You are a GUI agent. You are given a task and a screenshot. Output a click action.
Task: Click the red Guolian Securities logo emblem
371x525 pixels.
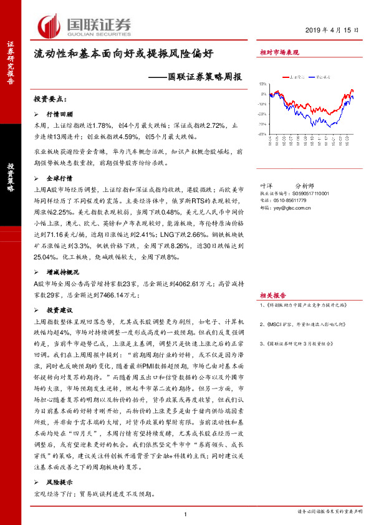coord(48,26)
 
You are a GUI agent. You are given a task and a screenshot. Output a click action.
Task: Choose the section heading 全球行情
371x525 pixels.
coord(60,178)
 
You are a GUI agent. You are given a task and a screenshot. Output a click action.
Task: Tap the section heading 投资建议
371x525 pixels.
coord(60,310)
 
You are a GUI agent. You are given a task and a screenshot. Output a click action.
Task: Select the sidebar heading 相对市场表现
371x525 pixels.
coord(279,54)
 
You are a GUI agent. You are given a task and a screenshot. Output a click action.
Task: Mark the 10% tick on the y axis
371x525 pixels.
coord(264,83)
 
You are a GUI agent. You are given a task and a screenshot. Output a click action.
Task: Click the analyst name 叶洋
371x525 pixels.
coord(265,203)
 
